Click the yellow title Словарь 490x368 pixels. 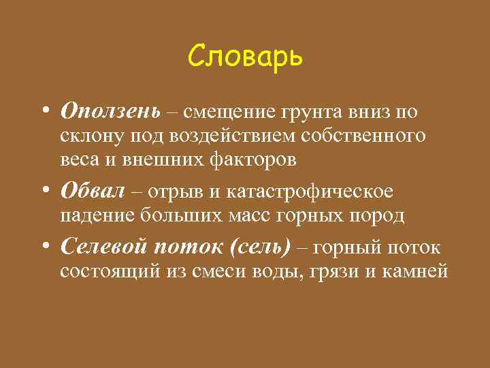[245, 57]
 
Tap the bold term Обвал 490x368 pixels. [93, 192]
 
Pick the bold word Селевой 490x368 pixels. [103, 247]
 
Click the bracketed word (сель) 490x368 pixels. [261, 247]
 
